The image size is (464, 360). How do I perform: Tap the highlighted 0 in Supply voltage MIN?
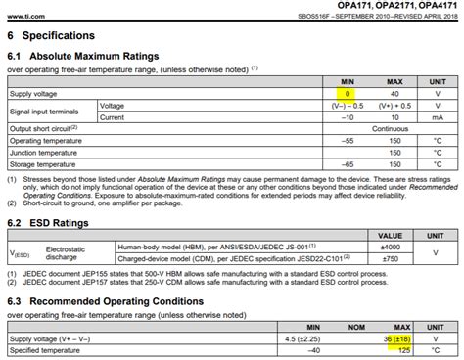[348, 92]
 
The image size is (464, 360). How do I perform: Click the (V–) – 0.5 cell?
[348, 105]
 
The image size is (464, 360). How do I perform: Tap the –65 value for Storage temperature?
[348, 163]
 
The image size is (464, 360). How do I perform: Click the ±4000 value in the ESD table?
[391, 247]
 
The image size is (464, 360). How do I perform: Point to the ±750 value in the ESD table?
[391, 258]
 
